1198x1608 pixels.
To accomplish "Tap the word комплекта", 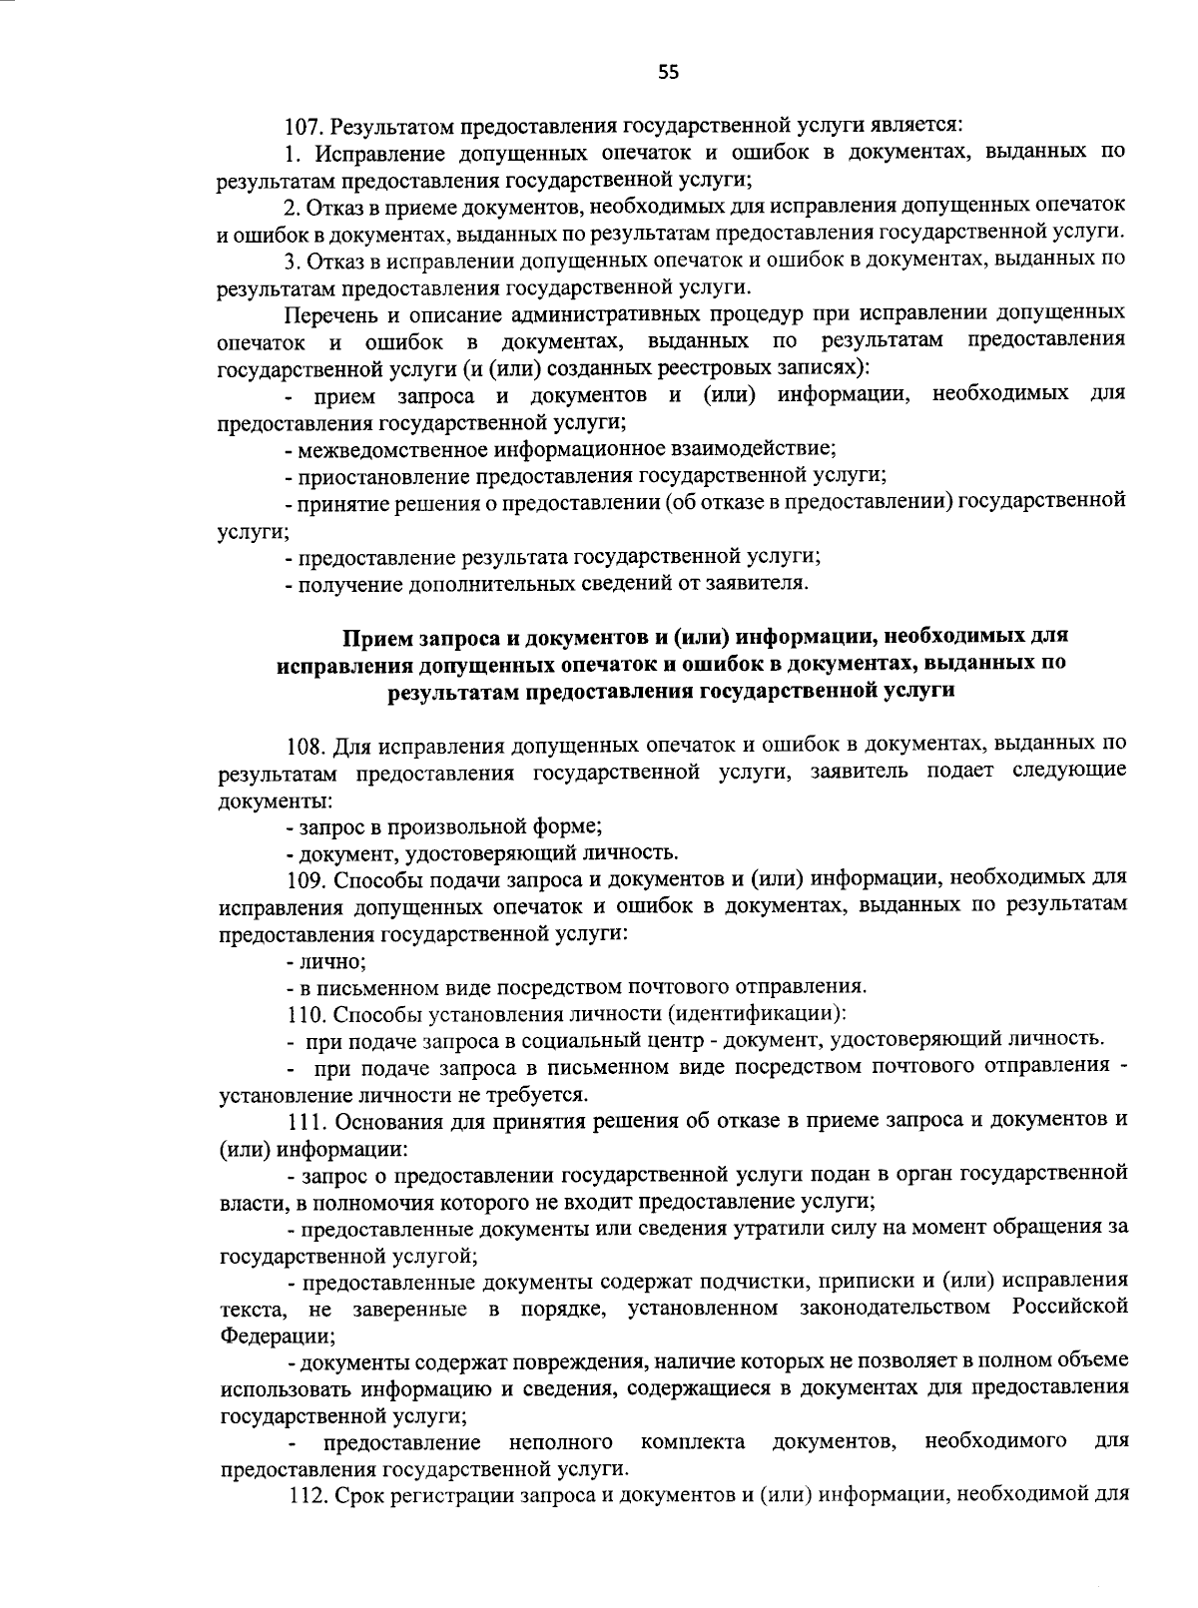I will (x=692, y=1442).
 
